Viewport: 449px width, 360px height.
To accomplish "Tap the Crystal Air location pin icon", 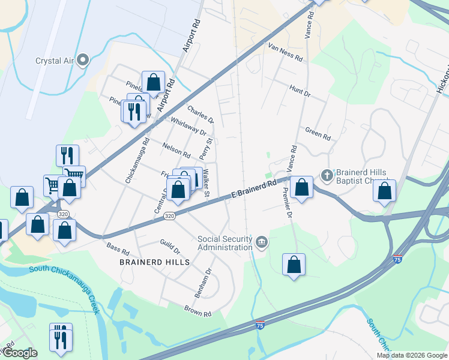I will tap(83, 60).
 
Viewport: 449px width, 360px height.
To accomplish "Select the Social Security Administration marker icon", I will tap(261, 242).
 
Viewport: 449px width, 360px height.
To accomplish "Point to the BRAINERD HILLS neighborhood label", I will tap(155, 262).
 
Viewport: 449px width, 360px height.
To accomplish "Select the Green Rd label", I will tap(318, 134).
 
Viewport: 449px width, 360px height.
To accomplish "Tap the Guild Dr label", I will tap(169, 246).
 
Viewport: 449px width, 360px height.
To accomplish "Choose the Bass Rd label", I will tap(118, 248).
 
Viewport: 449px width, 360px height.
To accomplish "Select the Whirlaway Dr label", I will tap(188, 127).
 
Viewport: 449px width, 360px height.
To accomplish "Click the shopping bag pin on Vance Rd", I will tap(301, 187).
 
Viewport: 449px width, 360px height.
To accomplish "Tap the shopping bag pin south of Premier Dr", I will tap(294, 264).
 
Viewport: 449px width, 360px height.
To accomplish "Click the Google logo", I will tap(19, 353).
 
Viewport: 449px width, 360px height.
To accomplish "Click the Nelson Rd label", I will tap(176, 150).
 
